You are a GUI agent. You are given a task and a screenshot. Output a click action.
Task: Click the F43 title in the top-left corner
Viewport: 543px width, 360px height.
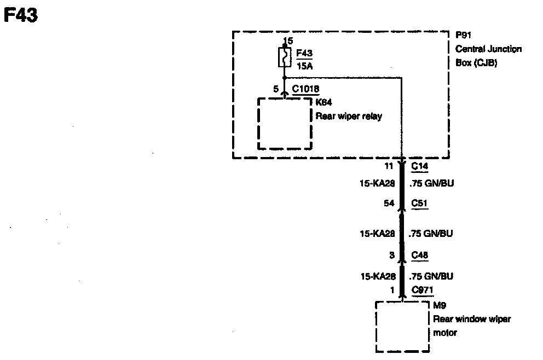[20, 15]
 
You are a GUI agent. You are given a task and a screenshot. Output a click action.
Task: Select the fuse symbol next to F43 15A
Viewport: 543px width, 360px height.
[284, 57]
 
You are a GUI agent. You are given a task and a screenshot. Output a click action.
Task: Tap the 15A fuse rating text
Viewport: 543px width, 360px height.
[304, 66]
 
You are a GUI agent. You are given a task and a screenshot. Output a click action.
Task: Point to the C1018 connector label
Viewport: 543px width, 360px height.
[305, 89]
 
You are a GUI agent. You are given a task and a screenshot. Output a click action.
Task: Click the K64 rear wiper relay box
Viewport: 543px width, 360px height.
[285, 123]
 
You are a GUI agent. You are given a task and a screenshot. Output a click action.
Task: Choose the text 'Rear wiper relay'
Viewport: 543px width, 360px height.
[349, 116]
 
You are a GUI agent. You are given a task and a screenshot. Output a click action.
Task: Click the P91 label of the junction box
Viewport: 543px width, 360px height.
[464, 35]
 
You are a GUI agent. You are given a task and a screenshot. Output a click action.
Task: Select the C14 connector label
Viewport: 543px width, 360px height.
[419, 165]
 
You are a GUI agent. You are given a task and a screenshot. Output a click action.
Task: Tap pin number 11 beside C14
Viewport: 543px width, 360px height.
[389, 165]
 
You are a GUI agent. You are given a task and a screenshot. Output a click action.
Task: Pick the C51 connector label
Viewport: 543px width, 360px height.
[419, 204]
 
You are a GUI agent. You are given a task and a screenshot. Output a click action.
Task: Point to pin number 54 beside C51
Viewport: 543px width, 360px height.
[389, 204]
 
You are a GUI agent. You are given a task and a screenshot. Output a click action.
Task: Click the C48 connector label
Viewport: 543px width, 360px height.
[420, 255]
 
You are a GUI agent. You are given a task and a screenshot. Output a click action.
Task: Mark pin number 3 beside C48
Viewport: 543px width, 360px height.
[391, 255]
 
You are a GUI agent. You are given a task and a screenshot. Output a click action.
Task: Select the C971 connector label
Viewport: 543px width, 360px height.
[422, 290]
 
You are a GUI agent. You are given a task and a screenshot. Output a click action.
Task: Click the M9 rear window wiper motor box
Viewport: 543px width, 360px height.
[402, 327]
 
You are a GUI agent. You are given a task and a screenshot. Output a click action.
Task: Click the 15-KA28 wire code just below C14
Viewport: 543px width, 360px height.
[377, 184]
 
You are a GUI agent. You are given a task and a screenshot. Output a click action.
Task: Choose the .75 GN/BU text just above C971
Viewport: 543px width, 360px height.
[431, 276]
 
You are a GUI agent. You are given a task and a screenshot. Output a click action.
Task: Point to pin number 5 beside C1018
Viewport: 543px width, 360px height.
[276, 89]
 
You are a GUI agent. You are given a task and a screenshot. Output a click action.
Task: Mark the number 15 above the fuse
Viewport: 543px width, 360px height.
[288, 41]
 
